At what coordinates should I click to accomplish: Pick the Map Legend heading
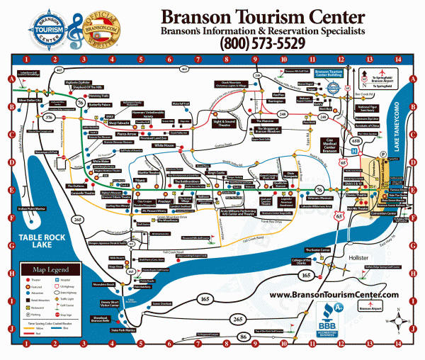[x=48, y=270]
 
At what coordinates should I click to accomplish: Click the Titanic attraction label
[x=142, y=180]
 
